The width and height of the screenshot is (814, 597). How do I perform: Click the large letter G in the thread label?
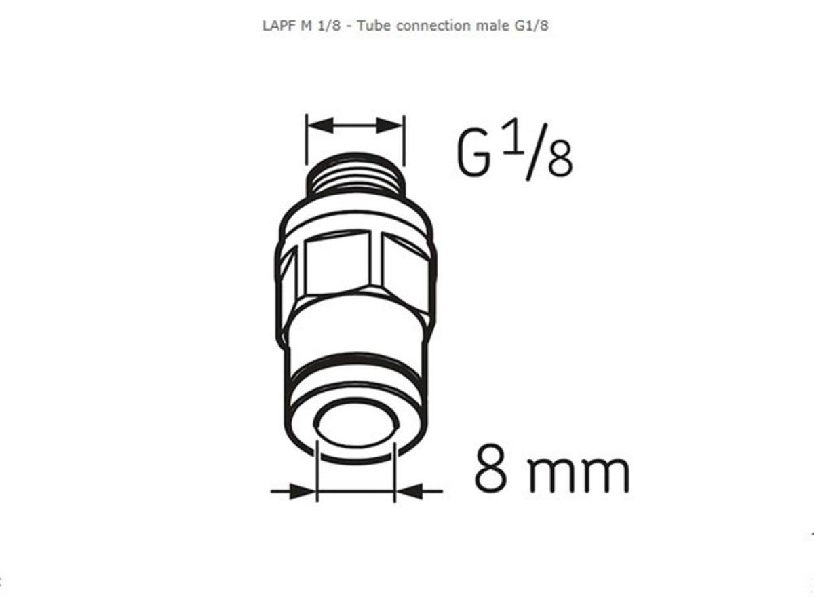(x=473, y=153)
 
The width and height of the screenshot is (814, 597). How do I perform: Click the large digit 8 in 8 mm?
(x=490, y=468)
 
